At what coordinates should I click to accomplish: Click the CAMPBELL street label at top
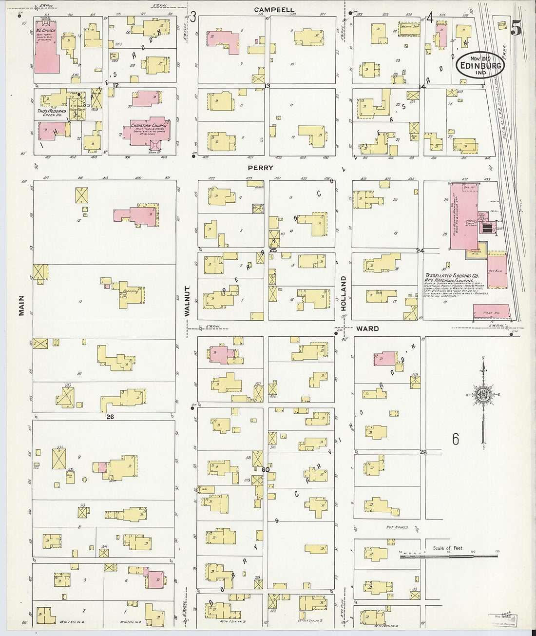[274, 9]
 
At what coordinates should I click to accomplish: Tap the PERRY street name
[260, 168]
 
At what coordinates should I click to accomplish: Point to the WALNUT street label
[187, 301]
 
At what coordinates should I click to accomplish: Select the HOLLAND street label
[344, 293]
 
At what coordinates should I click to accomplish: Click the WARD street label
[367, 328]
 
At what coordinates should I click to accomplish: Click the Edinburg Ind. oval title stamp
[480, 65]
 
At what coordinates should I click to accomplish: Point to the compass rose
[483, 395]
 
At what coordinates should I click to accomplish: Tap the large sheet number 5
[516, 29]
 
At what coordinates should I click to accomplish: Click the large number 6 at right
[455, 439]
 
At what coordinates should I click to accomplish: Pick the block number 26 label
[110, 417]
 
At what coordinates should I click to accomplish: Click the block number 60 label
[266, 470]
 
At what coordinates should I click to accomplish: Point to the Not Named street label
[396, 527]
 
